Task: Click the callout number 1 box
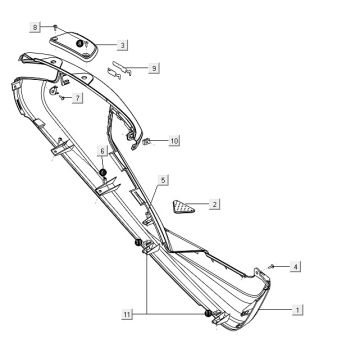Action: [x=298, y=311]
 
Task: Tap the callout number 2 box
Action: [x=215, y=203]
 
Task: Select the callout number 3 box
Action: [x=122, y=45]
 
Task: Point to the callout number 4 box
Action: [x=296, y=266]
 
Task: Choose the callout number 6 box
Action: [x=101, y=150]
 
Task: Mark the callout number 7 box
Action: [x=78, y=97]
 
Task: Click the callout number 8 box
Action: [x=36, y=25]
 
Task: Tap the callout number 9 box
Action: [x=154, y=68]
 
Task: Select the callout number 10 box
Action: [x=174, y=141]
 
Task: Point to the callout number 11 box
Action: [x=126, y=314]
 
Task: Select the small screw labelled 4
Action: [x=273, y=265]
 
